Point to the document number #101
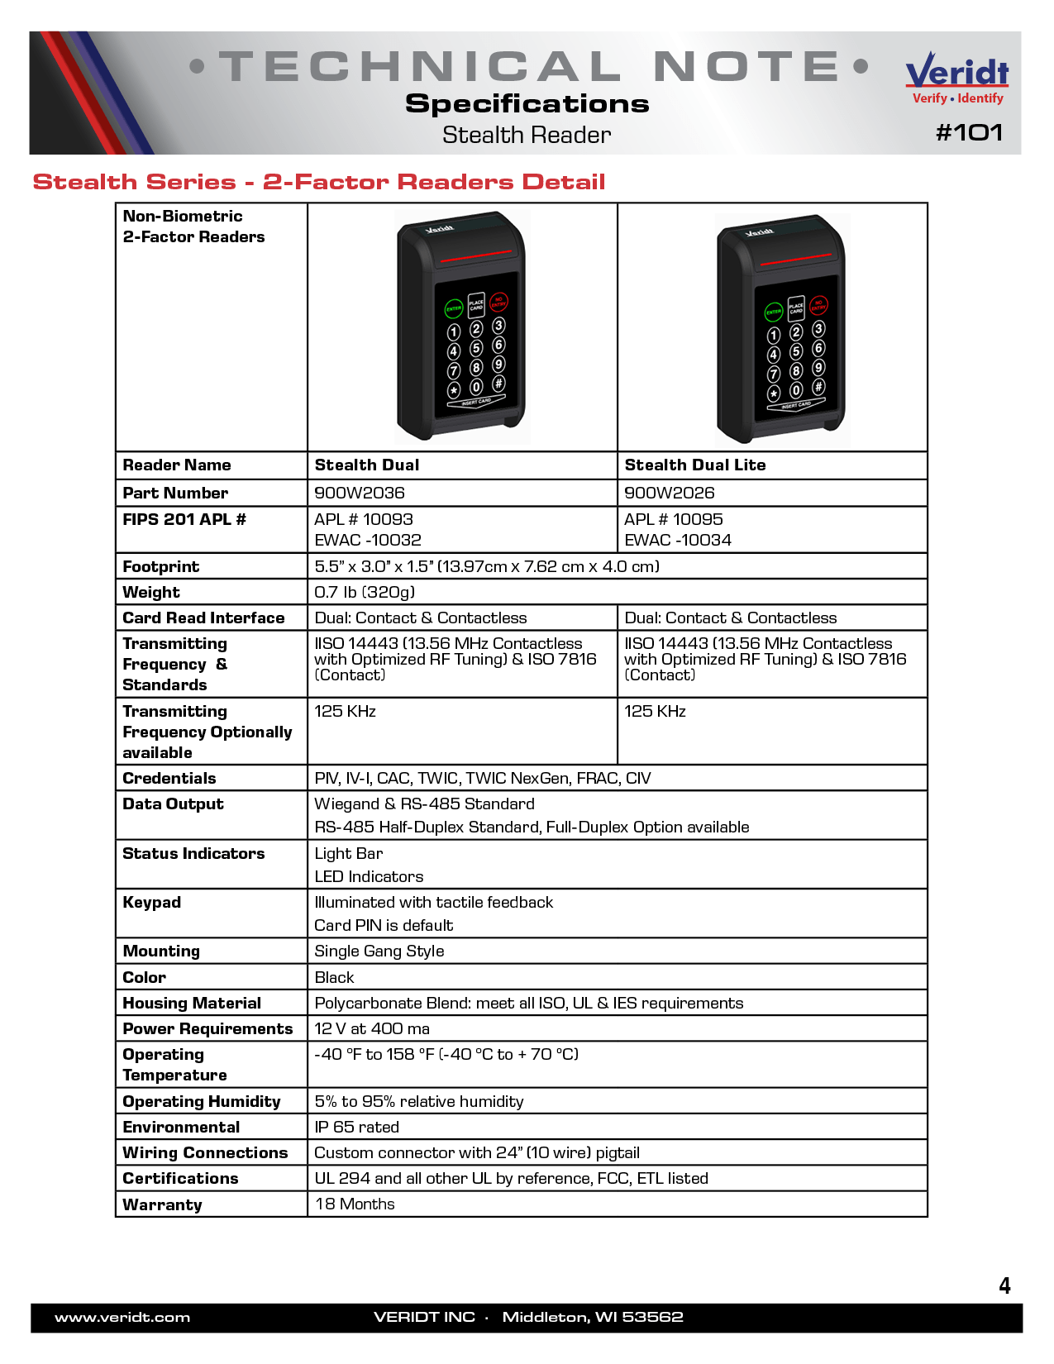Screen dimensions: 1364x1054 coord(969,132)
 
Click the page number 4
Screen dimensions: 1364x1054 coord(1004,1285)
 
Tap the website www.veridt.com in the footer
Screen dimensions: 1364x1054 coord(122,1317)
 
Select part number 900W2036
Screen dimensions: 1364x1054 coord(360,493)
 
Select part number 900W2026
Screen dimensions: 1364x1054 coord(670,493)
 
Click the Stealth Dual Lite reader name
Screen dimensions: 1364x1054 coord(695,465)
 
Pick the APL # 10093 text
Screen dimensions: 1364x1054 coord(364,519)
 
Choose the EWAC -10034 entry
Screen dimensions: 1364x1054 coord(678,540)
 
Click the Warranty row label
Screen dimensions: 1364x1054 coord(162,1204)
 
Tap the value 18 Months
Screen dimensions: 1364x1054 coord(355,1204)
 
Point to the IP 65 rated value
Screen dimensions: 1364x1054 coord(357,1127)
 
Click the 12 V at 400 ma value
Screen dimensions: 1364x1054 coord(372,1028)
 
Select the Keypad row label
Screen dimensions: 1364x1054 coord(151,902)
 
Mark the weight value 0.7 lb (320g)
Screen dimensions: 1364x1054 coord(365,592)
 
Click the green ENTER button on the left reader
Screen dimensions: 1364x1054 coord(454,309)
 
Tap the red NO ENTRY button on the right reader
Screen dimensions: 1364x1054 coord(818,306)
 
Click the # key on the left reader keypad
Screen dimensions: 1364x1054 coord(499,384)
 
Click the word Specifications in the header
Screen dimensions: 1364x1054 coord(527,103)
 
